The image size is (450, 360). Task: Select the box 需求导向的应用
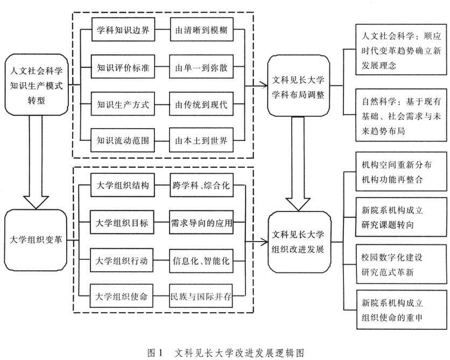201,223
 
